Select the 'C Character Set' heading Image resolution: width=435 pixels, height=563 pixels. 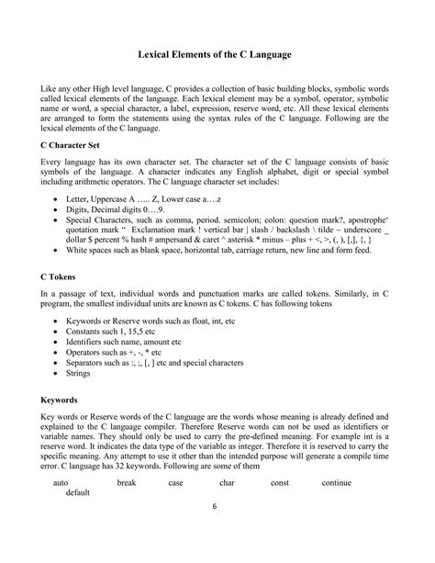(78, 171)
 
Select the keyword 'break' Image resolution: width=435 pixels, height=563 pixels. (126, 481)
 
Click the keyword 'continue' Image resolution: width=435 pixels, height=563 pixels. (337, 481)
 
